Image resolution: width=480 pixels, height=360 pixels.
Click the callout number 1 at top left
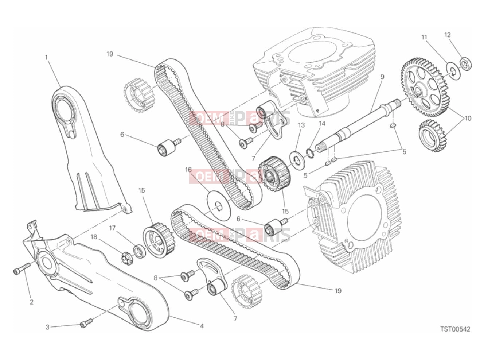pyautogui.click(x=46, y=57)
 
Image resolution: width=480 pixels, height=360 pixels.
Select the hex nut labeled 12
pyautogui.click(x=466, y=64)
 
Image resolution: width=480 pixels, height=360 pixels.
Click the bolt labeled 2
pyautogui.click(x=22, y=268)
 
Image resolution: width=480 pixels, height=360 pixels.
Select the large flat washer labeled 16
pyautogui.click(x=219, y=205)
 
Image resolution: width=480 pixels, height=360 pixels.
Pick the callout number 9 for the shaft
pyautogui.click(x=382, y=77)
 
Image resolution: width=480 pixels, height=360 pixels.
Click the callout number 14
pyautogui.click(x=322, y=124)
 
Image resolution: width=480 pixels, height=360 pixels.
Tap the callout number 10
pyautogui.click(x=468, y=119)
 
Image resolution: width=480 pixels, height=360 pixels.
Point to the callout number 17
pyautogui.click(x=112, y=228)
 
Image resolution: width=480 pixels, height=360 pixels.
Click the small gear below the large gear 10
pyautogui.click(x=432, y=136)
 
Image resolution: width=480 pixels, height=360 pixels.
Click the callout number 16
pyautogui.click(x=188, y=170)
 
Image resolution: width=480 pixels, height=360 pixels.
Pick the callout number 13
pyautogui.click(x=301, y=125)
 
